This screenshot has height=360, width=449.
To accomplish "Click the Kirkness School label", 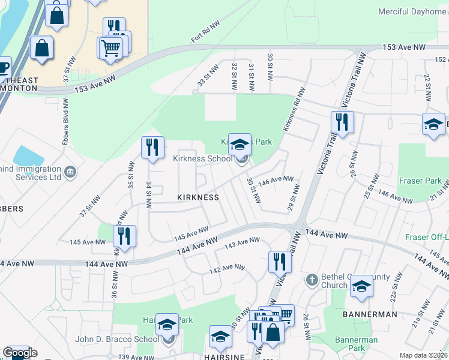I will [x=202, y=159].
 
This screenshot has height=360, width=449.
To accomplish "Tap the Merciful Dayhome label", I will [x=412, y=11].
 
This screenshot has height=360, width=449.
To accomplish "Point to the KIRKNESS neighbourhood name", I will [x=197, y=197].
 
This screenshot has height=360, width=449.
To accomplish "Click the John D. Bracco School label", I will [x=117, y=339].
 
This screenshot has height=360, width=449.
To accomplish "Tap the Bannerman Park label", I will [x=356, y=344].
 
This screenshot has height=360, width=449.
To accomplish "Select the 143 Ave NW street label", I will [x=242, y=244].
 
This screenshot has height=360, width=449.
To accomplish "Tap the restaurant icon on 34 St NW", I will [x=152, y=147].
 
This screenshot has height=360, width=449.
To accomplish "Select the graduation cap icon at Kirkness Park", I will [x=240, y=145].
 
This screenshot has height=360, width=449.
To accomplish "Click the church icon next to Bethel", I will [x=312, y=280].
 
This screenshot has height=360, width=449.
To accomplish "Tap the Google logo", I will [x=20, y=353].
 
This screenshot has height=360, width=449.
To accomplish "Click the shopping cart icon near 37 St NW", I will [x=111, y=47].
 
